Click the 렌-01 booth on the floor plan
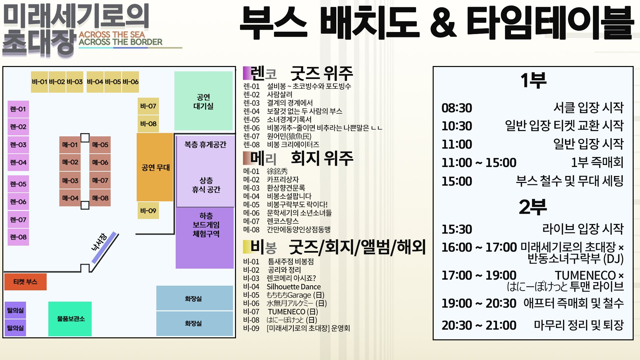pos(18,109)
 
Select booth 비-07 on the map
pos(148,106)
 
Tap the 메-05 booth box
pos(100,145)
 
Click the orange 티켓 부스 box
pos(25,282)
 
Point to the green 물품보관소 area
pos(70,319)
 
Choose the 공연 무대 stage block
pos(155,167)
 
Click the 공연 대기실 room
pos(203,101)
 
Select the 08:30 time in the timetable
pos(457,108)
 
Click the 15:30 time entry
pos(457,229)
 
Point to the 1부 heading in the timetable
pos(533,80)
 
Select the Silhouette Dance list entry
pos(293,287)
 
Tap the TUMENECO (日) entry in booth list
pos(293,312)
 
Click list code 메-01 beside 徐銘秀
pos(251,171)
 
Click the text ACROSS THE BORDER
pos(121,42)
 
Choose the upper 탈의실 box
pos(15,310)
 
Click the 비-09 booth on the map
pos(148,211)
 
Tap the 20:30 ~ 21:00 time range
pos(479,325)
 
